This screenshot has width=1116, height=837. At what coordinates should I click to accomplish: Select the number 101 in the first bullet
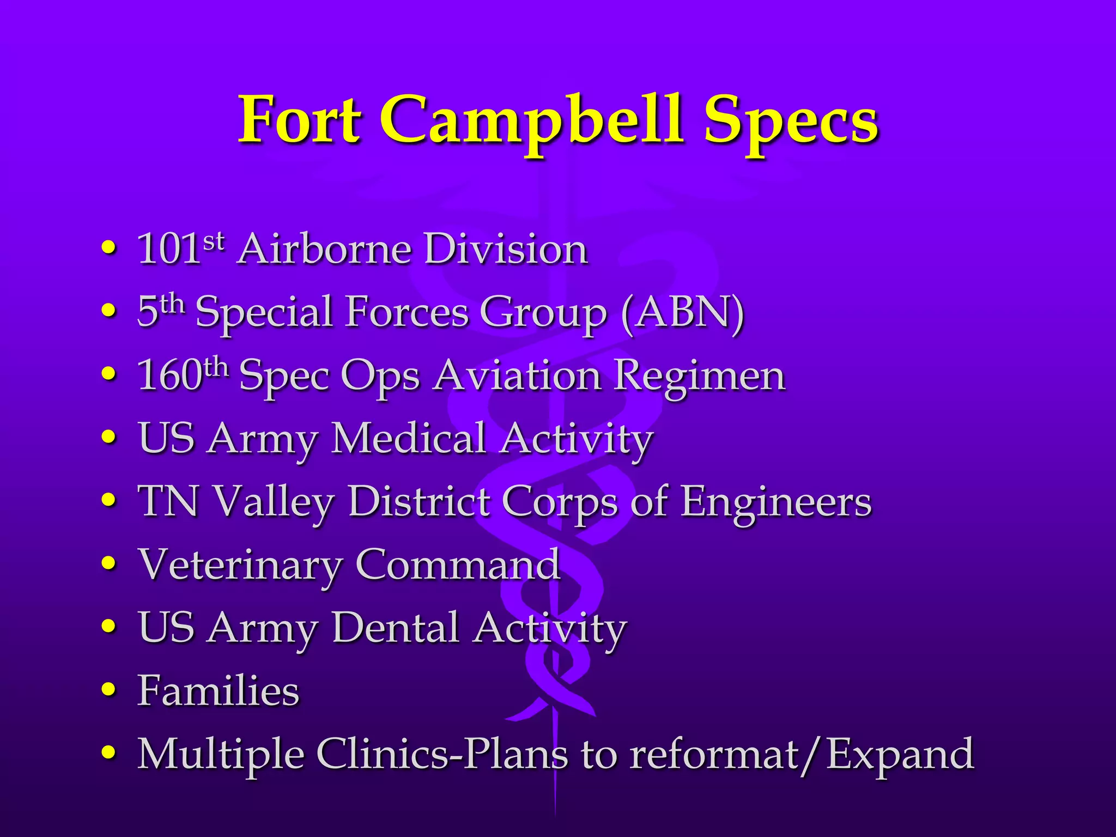pyautogui.click(x=168, y=249)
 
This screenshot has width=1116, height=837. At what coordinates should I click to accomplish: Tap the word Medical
pyautogui.click(x=408, y=438)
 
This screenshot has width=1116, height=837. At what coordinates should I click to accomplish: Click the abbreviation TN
pyautogui.click(x=168, y=501)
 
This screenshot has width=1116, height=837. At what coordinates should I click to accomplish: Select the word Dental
pyautogui.click(x=396, y=627)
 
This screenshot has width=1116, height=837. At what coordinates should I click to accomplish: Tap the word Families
pyautogui.click(x=218, y=690)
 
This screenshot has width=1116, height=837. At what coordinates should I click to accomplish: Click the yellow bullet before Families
pyautogui.click(x=109, y=690)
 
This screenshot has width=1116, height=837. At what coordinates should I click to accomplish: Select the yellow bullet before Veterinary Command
pyautogui.click(x=109, y=565)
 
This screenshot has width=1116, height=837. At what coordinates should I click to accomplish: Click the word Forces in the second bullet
pyautogui.click(x=407, y=312)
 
